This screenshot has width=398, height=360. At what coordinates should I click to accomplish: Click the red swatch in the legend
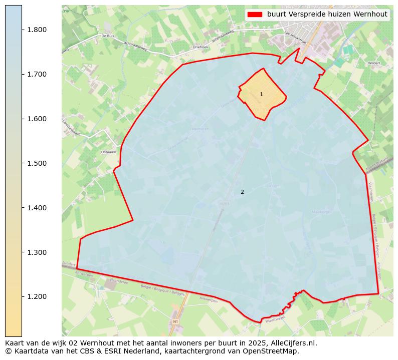[x=255, y=15]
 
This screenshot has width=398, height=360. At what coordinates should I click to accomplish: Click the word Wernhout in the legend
[x=370, y=15]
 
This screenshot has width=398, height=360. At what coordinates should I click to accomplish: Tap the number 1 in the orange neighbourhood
[x=261, y=94]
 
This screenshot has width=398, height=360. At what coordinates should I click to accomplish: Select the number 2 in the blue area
[x=242, y=192]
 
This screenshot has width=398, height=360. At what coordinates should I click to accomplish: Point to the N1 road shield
[x=175, y=321]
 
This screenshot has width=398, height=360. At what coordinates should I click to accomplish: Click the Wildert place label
[x=373, y=64]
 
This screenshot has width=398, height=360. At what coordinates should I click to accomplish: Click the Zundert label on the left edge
[x=69, y=264]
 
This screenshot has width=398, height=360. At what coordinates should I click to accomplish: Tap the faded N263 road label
[x=225, y=204]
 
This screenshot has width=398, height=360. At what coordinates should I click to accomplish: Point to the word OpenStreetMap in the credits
[x=274, y=351]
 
